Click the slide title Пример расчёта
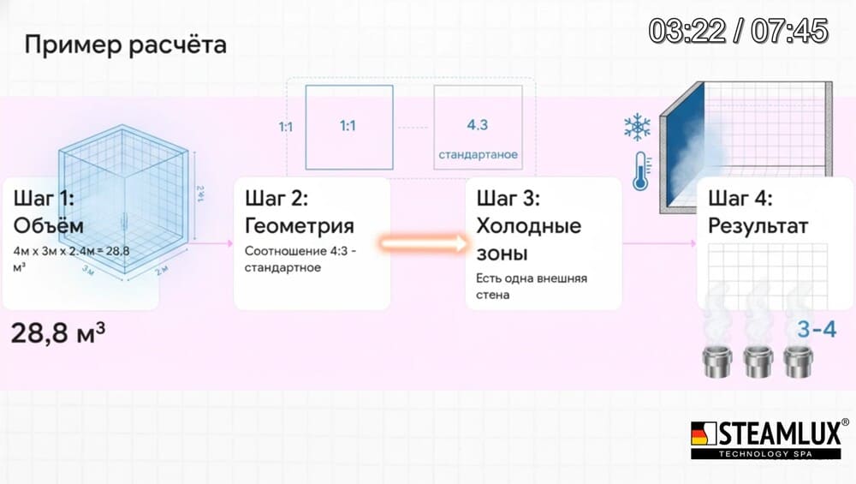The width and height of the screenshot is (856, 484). [125, 45]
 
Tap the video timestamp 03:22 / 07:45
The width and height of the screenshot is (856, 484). [738, 31]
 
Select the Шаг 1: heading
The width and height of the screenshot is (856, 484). [44, 200]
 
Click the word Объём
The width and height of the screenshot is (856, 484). [49, 226]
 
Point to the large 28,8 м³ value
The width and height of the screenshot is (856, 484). [58, 333]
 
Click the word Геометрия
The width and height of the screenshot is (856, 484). [299, 226]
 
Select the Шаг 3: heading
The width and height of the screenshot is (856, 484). [508, 200]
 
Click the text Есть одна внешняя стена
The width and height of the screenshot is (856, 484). [531, 286]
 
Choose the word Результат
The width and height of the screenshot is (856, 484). [758, 226]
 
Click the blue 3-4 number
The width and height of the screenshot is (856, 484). [817, 328]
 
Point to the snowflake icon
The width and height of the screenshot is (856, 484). [636, 128]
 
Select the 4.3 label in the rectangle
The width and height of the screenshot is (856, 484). [477, 125]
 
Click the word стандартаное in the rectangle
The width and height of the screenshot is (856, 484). [478, 154]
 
